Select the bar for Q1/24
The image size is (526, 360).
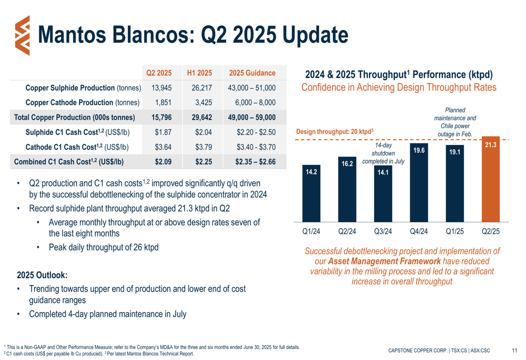[x=312, y=194]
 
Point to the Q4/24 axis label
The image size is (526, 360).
[x=419, y=231]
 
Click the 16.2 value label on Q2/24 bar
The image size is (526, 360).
[x=347, y=164]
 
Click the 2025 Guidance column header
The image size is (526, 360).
[x=252, y=73]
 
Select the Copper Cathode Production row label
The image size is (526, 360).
[x=83, y=102]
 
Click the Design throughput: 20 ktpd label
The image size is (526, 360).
[x=335, y=131]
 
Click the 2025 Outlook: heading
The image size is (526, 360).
[x=42, y=275]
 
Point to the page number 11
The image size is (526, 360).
[x=514, y=350]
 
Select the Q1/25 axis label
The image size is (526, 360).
[x=454, y=231]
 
